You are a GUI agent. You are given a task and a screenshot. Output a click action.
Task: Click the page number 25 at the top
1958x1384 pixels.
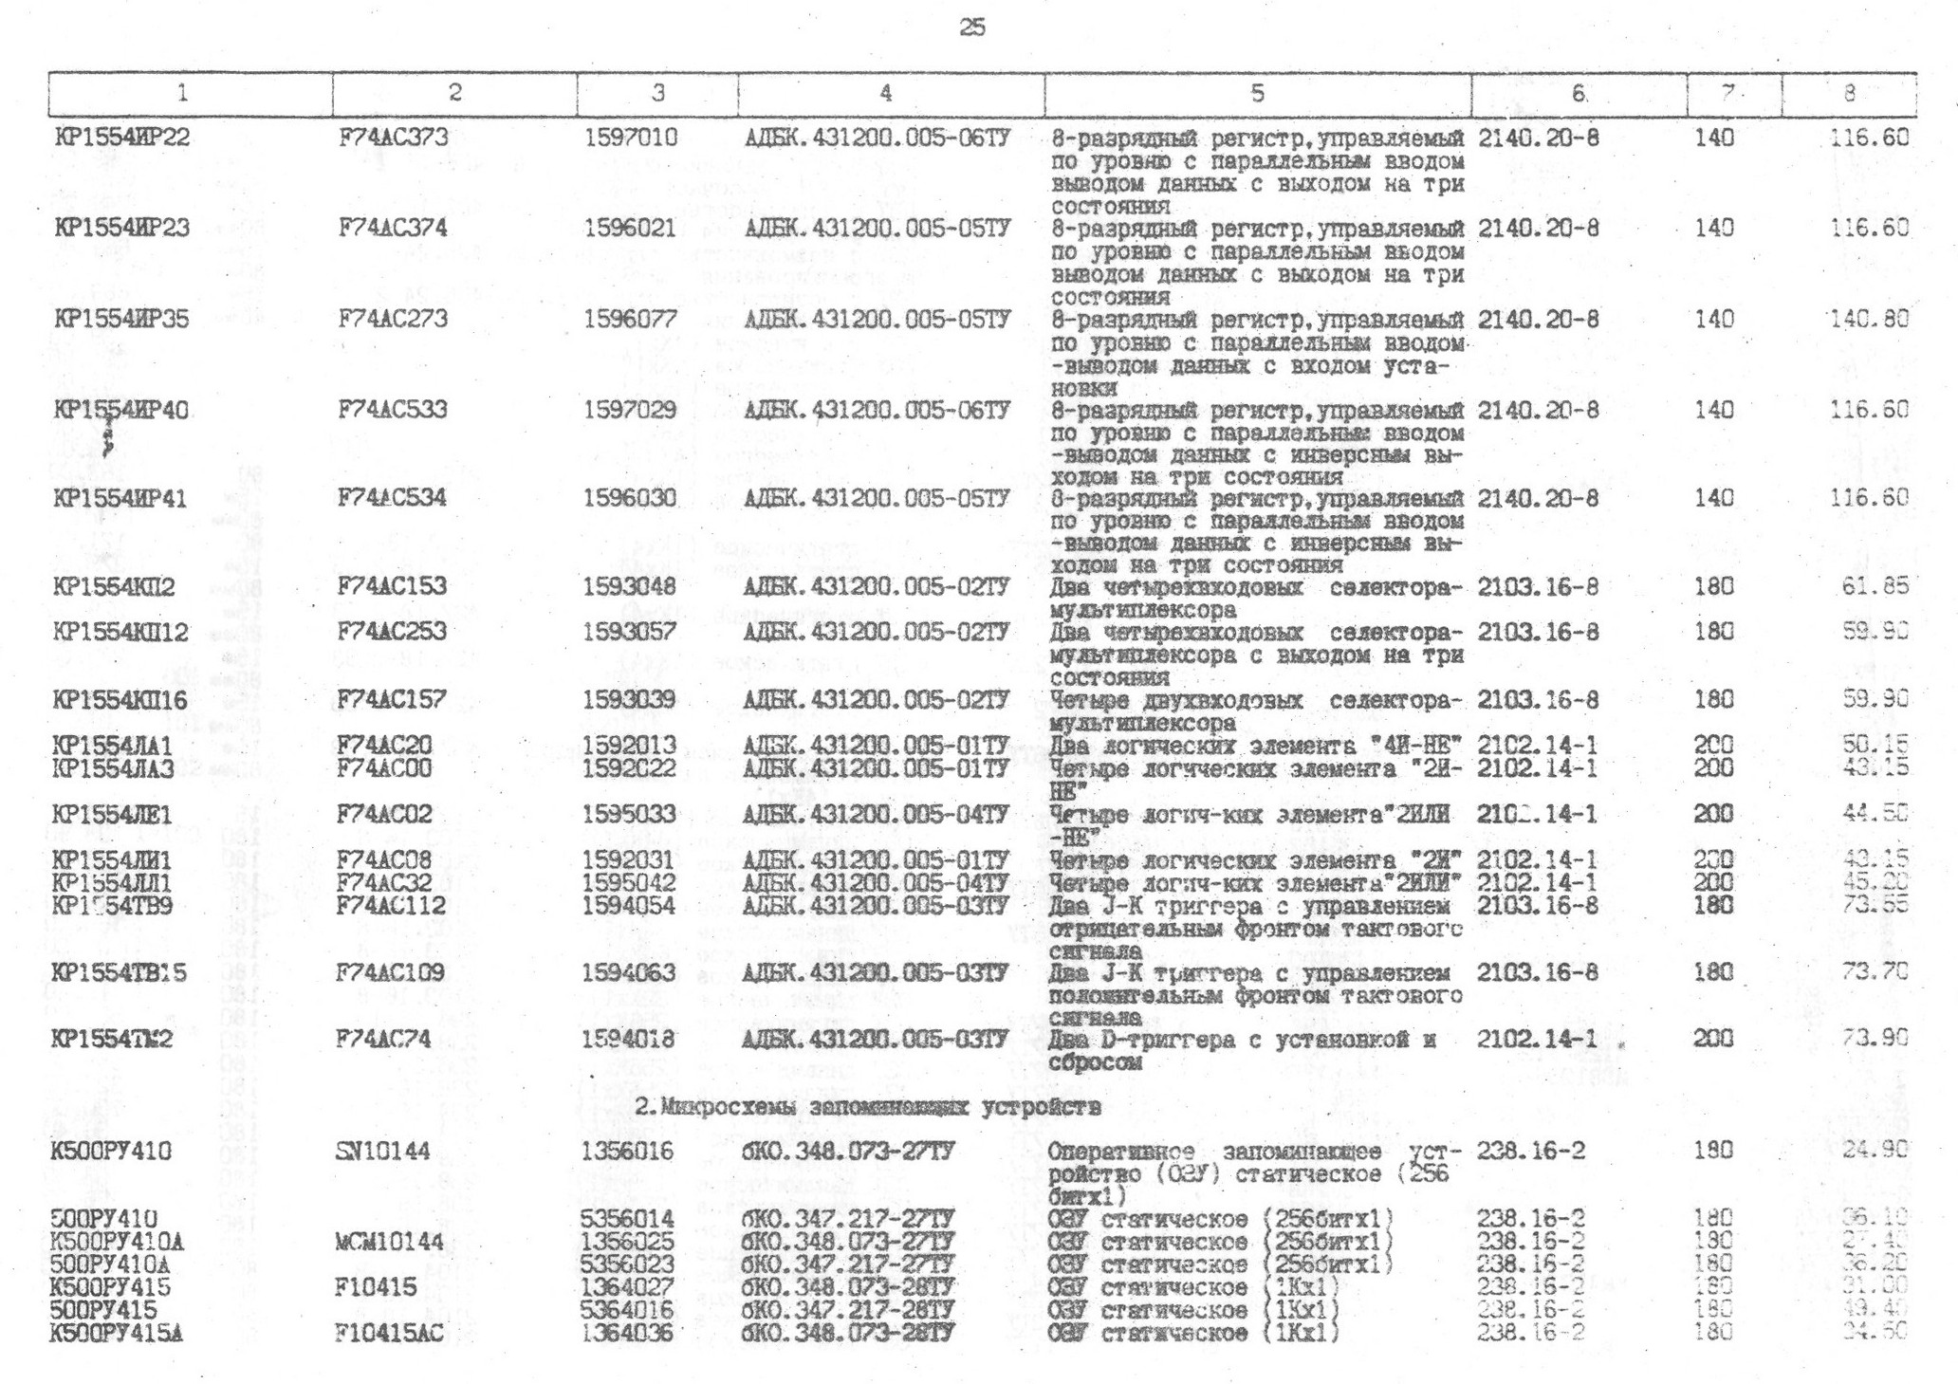click(972, 28)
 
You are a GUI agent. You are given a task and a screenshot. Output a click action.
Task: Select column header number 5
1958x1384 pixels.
click(1257, 93)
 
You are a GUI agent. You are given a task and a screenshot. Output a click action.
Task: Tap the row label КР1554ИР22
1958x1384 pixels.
click(122, 138)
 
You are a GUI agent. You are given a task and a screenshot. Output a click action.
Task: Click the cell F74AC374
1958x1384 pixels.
click(393, 229)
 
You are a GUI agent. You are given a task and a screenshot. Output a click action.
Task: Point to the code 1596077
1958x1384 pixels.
click(630, 319)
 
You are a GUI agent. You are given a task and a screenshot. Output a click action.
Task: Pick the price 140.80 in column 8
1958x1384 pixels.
click(1868, 319)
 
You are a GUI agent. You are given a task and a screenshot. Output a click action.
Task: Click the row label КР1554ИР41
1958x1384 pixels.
click(120, 499)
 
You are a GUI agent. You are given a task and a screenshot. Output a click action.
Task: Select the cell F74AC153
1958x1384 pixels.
click(392, 586)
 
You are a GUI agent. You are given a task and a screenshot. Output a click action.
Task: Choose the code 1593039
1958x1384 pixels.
click(629, 700)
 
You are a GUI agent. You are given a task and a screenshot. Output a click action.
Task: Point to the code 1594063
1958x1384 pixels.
click(629, 972)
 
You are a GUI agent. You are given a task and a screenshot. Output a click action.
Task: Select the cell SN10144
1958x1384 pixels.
click(383, 1152)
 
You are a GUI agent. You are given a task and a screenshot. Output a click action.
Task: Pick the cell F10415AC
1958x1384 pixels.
click(389, 1333)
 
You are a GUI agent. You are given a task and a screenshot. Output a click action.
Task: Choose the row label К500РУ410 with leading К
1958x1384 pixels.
click(112, 1152)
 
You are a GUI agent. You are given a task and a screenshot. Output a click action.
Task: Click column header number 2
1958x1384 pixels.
click(454, 93)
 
